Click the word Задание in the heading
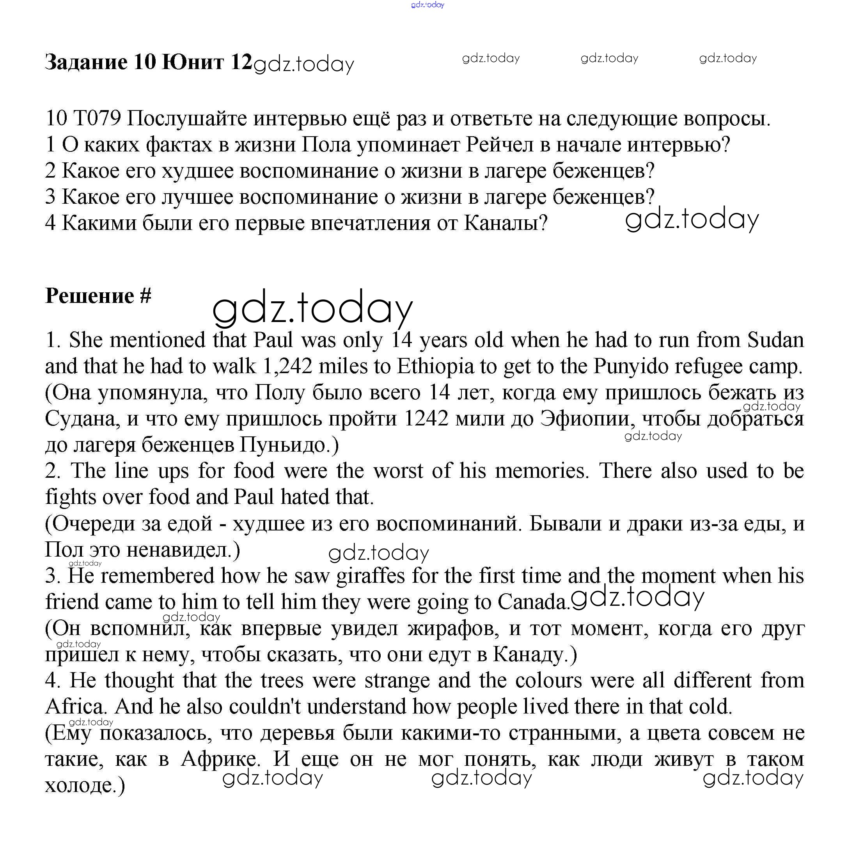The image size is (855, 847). click(x=86, y=62)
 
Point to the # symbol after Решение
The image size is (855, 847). click(x=145, y=295)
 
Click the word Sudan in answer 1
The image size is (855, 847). click(x=775, y=340)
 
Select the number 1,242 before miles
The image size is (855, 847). click(x=287, y=366)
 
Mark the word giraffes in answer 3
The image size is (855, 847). click(x=371, y=576)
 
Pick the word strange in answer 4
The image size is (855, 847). click(x=397, y=680)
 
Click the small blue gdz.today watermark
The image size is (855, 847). click(x=427, y=5)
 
